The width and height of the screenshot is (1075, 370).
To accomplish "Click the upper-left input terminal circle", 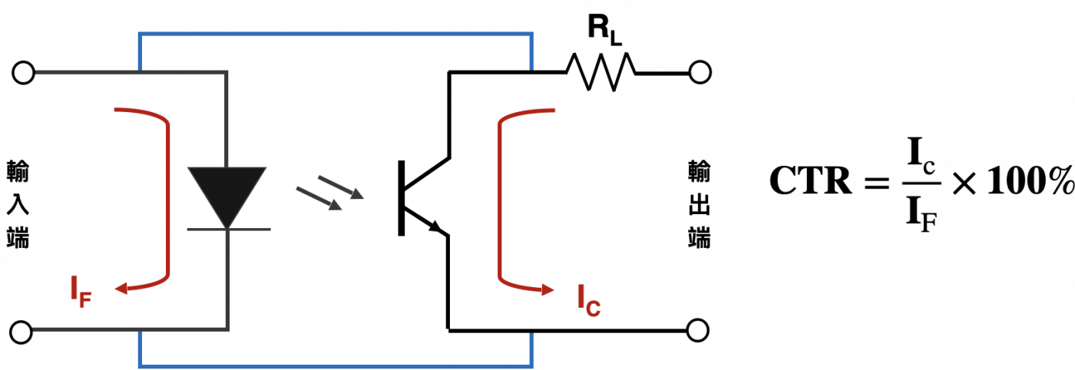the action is coord(23,73).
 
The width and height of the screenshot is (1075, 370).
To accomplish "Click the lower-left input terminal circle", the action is coord(21,332).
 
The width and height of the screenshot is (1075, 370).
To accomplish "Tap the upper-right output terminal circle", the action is coord(700,73).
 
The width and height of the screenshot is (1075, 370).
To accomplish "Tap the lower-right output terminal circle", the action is coord(698,331).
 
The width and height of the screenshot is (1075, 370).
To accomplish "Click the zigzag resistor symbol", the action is coord(601,72).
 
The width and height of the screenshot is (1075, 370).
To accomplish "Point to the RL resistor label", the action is coord(605,30).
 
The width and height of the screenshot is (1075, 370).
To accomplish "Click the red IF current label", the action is coord(81,292).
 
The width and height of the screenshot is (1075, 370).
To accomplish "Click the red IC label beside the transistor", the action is coord(589,301).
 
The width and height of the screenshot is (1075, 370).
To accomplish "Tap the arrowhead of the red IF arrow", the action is coord(121,289).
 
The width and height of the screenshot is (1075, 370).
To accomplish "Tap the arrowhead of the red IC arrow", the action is coord(547,289).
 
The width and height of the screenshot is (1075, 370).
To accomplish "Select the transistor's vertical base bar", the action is coord(402,198).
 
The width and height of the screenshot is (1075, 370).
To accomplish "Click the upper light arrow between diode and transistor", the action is coord(341,187).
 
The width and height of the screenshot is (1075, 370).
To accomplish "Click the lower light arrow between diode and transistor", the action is coord(319,199).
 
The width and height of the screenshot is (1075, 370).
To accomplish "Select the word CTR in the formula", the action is coord(811,181).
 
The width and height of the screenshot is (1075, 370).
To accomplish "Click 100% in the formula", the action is coord(1030,181).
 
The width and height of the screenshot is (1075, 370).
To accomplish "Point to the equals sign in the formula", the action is coord(877,183).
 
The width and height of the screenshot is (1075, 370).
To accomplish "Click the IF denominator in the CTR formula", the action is coord(921,213).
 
